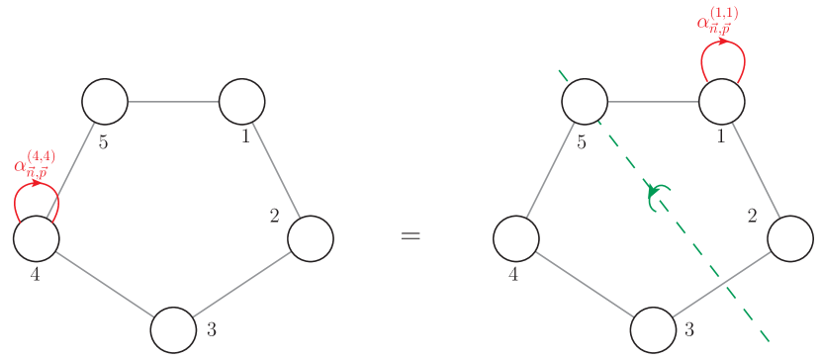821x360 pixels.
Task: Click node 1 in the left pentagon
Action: point(241,101)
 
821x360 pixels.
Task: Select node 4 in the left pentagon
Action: point(37,238)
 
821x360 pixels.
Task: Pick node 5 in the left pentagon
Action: point(105,101)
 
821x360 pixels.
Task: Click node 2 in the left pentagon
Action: point(311,238)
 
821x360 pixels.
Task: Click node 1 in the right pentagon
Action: point(722,101)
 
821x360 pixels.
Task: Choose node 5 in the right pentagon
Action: point(585,101)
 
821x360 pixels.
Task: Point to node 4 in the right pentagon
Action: point(516,238)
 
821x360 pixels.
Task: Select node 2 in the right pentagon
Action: point(790,238)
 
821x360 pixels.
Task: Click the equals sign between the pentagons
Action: point(410,236)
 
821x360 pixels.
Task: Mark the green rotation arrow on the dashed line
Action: point(658,197)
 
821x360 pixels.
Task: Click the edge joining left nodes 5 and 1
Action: point(173,101)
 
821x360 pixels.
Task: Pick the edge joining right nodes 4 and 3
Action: point(585,284)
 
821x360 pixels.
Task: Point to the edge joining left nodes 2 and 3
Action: point(242,284)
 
